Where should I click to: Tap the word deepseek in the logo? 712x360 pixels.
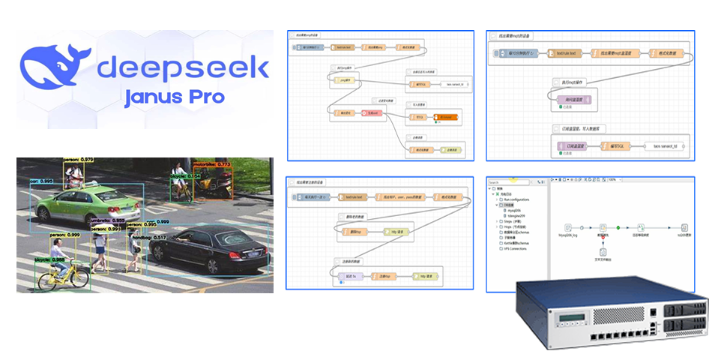(183, 68)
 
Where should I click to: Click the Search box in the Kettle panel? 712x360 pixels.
(510, 181)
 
